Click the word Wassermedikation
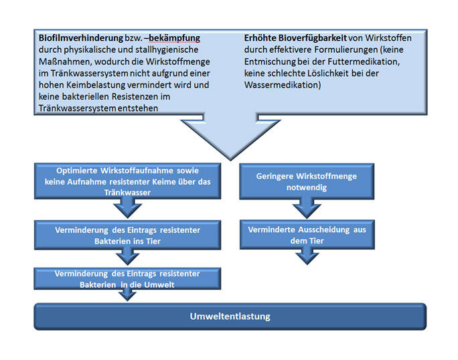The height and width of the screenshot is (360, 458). point(283,86)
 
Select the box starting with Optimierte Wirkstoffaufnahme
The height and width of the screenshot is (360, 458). point(127,181)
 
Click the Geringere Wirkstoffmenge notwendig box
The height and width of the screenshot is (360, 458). point(306,181)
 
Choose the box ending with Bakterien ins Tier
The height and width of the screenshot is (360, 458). point(127,235)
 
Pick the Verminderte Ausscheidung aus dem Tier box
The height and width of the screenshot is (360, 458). point(306,235)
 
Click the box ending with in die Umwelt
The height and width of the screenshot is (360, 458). point(127,278)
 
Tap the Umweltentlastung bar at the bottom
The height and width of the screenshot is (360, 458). point(230,316)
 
